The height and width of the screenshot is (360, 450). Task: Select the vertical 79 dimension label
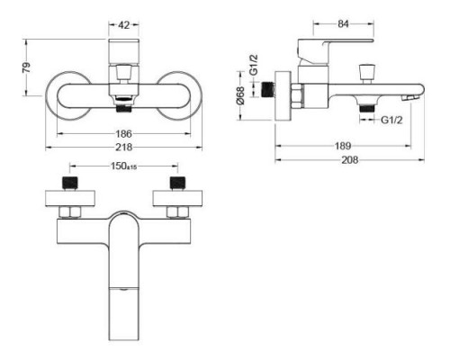click(26, 68)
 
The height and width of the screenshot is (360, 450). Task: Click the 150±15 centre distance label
click(125, 166)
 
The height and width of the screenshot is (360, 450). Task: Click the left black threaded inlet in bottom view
click(72, 184)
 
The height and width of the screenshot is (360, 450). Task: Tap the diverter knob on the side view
click(367, 71)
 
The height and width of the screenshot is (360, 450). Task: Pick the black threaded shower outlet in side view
click(365, 107)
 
